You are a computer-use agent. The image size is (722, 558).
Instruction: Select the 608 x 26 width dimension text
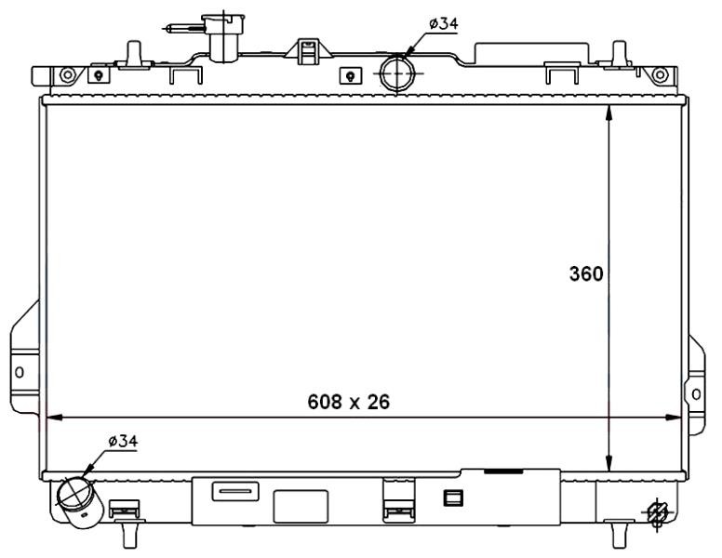click(348, 402)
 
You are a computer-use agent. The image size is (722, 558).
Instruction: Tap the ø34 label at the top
click(443, 23)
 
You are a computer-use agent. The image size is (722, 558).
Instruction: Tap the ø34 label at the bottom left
click(122, 442)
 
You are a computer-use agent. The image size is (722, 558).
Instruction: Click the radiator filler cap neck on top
click(224, 37)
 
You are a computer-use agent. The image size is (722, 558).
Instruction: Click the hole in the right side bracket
click(698, 394)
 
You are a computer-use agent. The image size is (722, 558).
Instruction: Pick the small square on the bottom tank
click(453, 498)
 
